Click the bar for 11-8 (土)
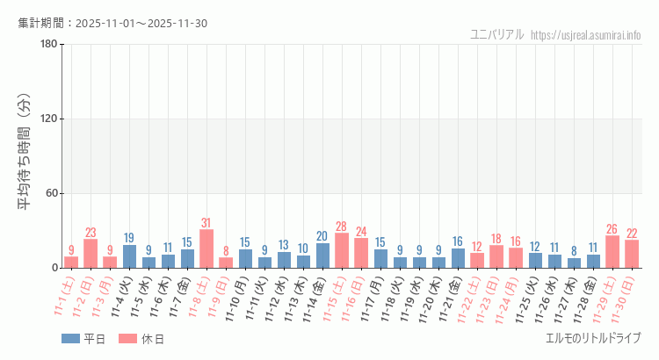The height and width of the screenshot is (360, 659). (x=206, y=248)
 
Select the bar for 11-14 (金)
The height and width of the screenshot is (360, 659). (x=322, y=256)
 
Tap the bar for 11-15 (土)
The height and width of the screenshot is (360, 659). (x=342, y=250)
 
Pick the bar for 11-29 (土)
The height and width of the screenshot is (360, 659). (x=612, y=252)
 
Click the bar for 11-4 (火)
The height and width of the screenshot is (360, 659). (x=129, y=256)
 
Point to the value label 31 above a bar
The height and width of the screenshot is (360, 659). (x=206, y=222)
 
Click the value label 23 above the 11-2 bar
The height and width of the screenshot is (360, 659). (x=91, y=233)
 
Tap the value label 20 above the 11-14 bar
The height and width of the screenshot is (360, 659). (x=322, y=236)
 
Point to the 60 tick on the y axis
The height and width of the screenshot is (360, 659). (x=52, y=193)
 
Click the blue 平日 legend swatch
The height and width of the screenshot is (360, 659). (x=70, y=339)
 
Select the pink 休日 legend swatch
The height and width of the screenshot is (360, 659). (x=127, y=339)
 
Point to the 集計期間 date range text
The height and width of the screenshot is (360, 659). (x=112, y=23)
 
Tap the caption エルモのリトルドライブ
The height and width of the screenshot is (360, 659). (x=593, y=339)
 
